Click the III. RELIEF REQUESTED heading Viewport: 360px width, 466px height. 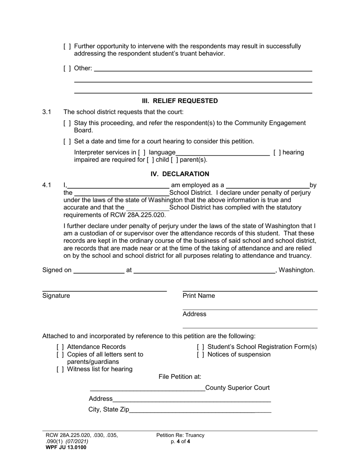click(180, 101)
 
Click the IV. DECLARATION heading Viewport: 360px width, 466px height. click(180, 174)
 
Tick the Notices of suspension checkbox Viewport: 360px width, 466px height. click(200, 355)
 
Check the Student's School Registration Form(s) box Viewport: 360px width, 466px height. click(200, 347)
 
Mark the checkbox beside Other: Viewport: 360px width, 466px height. click(67, 69)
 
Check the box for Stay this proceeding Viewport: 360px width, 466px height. click(67, 123)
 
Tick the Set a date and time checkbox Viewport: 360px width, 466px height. click(67, 142)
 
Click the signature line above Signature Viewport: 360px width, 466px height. click(104, 290)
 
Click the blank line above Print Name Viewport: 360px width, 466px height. click(250, 290)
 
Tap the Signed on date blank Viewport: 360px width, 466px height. click(99, 271)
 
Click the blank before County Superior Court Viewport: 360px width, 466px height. click(147, 388)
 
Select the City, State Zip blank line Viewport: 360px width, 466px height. click(200, 410)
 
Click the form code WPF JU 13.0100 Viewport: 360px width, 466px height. click(66, 447)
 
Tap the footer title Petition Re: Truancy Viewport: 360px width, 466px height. click(180, 435)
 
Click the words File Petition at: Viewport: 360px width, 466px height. click(180, 377)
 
